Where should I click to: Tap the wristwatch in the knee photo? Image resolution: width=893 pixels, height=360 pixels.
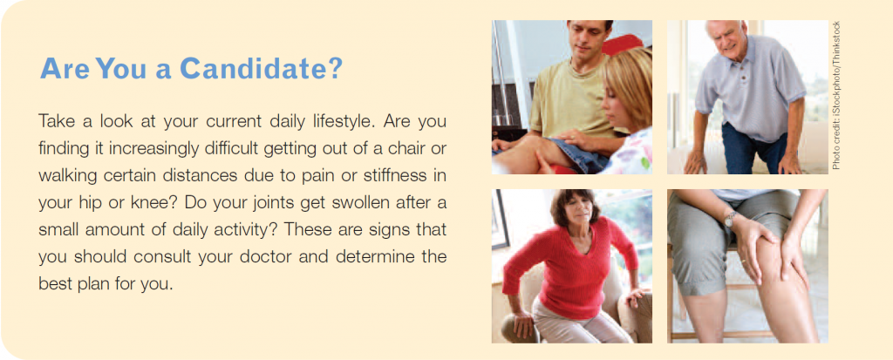pyautogui.click(x=730, y=219)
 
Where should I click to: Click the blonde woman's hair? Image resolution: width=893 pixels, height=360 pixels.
pyautogui.click(x=631, y=85)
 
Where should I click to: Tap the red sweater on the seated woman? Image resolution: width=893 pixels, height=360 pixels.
pyautogui.click(x=570, y=267)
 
